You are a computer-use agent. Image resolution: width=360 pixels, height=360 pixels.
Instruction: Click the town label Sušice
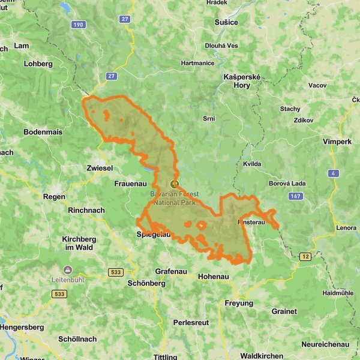(x=226, y=22)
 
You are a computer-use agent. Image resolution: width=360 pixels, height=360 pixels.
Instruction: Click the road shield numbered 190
(x=77, y=24)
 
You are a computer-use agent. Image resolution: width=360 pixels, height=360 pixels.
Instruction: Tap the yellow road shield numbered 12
(x=305, y=256)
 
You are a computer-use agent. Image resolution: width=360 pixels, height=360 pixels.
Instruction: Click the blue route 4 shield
(x=332, y=173)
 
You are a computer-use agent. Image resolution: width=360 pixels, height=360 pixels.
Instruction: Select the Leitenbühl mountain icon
(x=67, y=269)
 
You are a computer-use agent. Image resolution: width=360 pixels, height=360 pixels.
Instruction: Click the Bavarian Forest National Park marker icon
(x=175, y=184)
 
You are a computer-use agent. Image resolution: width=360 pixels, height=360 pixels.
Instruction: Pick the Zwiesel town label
(x=100, y=169)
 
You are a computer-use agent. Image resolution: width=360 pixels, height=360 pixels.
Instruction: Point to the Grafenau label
(x=171, y=271)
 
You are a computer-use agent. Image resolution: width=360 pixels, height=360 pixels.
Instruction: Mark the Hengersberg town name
(x=22, y=327)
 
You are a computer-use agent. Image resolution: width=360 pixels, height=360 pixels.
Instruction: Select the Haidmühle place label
(x=338, y=293)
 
